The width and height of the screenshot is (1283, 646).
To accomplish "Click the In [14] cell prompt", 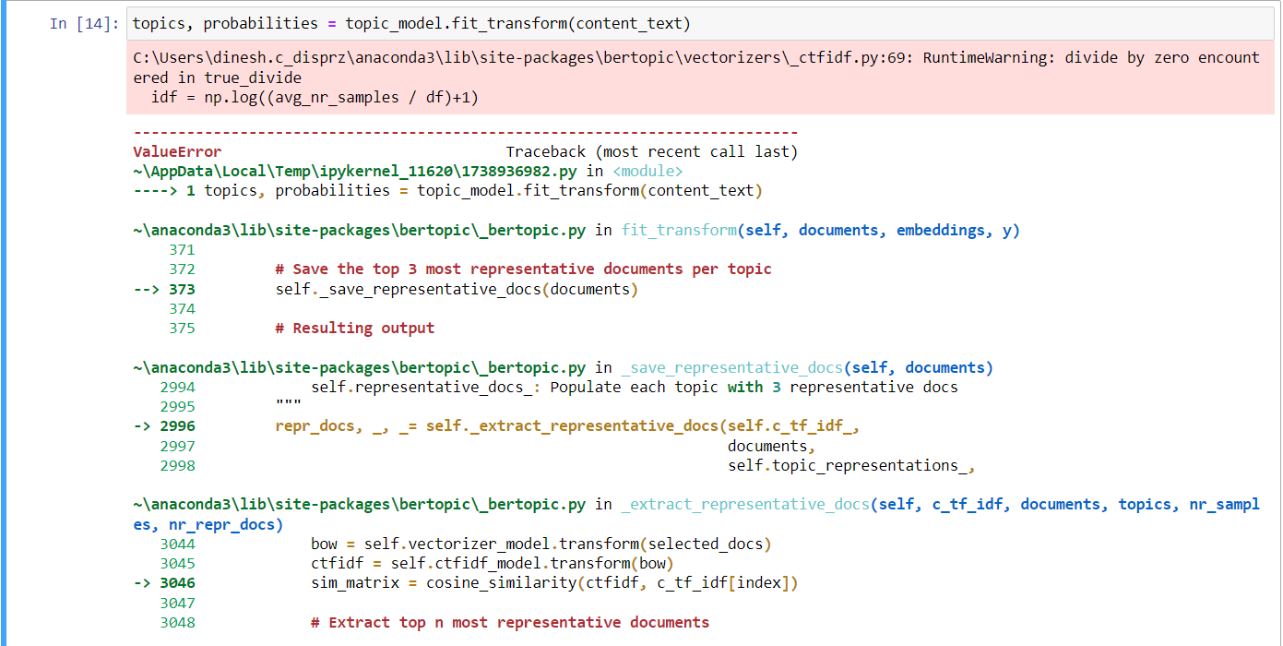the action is (84, 23).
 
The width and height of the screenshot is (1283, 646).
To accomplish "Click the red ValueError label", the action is (177, 151).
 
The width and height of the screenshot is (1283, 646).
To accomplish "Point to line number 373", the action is (182, 289).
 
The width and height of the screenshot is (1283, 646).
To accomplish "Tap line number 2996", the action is (177, 426).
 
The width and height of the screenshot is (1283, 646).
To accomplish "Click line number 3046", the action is (177, 583).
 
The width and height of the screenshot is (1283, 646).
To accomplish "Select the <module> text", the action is (647, 171).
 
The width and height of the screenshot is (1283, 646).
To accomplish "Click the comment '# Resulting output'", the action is (355, 329).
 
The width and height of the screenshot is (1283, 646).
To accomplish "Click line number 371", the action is (182, 250).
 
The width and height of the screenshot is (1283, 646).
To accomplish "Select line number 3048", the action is (177, 623).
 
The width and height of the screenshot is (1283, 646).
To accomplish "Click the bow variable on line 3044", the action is (324, 544).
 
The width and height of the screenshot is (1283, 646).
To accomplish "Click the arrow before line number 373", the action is (147, 289).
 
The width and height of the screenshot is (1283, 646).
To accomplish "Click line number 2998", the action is (177, 466).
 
